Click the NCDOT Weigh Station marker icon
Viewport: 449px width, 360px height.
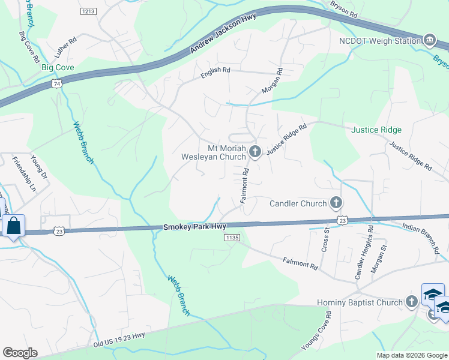[429, 41]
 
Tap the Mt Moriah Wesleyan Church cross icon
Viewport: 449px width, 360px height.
[255, 151]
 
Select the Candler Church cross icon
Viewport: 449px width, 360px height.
[336, 203]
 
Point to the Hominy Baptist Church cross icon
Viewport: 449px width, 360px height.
[412, 302]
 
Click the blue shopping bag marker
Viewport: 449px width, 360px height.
[13, 227]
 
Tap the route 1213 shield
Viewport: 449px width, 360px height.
[89, 11]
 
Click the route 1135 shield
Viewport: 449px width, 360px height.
[232, 238]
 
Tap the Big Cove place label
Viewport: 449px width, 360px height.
[58, 68]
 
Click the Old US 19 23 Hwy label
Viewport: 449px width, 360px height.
[119, 340]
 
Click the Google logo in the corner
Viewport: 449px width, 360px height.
[20, 353]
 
